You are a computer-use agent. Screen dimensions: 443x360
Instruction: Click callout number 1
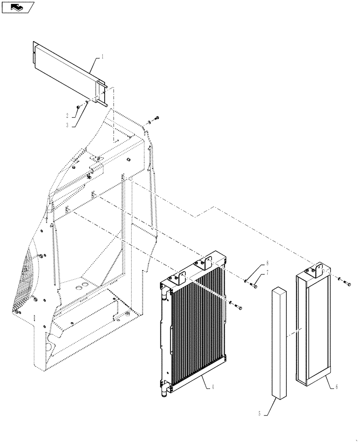tap(102, 57)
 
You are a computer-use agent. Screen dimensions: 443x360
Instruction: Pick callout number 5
tap(259, 414)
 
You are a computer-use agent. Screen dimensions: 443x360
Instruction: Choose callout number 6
tap(337, 387)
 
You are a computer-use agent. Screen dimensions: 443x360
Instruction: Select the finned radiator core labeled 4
tap(197, 328)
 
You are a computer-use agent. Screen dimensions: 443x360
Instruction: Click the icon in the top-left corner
tap(17, 7)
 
